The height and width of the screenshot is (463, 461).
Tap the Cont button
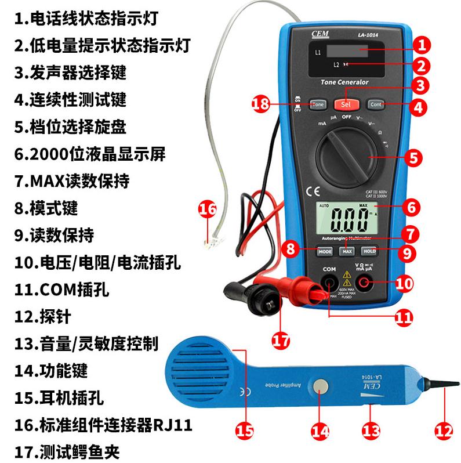376,105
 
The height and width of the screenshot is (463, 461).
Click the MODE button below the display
324,251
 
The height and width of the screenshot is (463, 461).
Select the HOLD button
369,251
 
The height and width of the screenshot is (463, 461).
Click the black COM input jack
329,283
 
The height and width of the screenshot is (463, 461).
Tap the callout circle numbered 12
443,430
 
